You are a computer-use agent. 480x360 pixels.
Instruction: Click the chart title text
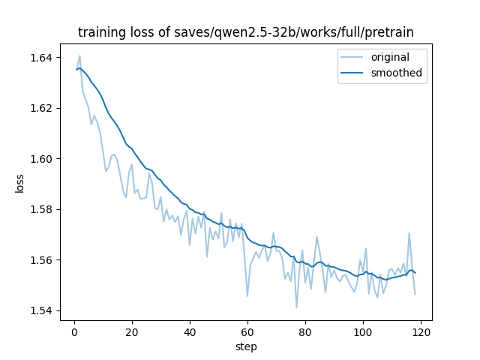[246, 32]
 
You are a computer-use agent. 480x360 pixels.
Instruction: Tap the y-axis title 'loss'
[20, 183]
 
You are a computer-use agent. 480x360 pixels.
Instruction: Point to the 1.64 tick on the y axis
[42, 58]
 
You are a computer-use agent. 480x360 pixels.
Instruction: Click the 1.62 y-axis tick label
[42, 108]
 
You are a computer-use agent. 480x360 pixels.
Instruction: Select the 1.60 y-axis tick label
[42, 159]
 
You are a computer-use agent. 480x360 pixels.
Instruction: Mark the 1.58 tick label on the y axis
[42, 209]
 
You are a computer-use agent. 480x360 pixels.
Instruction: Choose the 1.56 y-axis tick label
[42, 260]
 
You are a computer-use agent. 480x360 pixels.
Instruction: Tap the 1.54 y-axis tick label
[42, 310]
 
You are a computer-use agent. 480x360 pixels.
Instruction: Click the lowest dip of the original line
[296, 307]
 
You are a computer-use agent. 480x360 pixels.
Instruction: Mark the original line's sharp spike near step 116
[409, 232]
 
